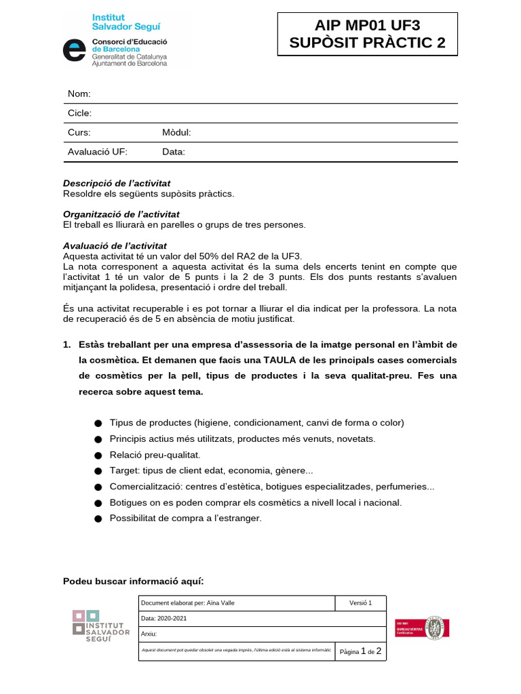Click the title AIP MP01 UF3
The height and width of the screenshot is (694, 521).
tap(367, 26)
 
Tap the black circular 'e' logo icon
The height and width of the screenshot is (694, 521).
tap(74, 50)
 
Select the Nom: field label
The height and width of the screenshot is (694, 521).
tap(79, 94)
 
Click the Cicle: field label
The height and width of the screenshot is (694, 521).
tap(79, 113)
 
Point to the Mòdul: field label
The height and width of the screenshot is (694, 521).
tap(176, 133)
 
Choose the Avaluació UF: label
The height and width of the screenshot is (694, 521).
tap(97, 152)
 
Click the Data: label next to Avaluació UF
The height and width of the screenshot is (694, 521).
tap(174, 152)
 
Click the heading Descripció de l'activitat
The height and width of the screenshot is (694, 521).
tap(117, 183)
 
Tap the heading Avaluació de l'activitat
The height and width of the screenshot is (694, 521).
tap(115, 245)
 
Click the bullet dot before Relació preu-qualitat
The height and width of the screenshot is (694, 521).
tap(98, 456)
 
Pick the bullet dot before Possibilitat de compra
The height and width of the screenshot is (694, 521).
tap(98, 519)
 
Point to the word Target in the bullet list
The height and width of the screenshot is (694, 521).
tap(124, 470)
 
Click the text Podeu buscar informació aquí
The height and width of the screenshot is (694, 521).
tap(133, 581)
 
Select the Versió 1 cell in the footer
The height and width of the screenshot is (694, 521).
tap(361, 603)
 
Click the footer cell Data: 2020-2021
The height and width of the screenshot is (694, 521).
tap(164, 619)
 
